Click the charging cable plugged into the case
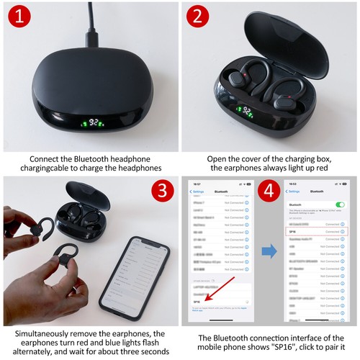(x=91, y=22)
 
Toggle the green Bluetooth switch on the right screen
(x=340, y=205)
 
